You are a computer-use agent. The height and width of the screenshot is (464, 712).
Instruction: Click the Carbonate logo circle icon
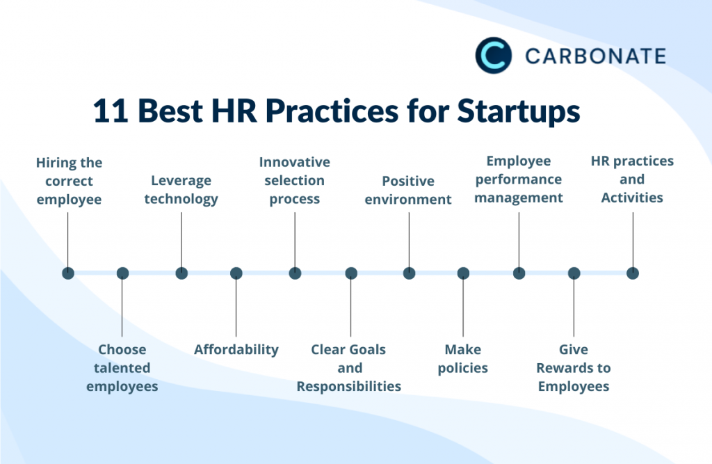click(493, 56)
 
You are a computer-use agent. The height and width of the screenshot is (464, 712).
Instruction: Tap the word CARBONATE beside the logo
click(595, 56)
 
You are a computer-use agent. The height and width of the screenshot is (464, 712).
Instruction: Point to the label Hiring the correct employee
click(69, 181)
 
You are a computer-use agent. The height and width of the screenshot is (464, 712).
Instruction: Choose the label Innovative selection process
click(295, 180)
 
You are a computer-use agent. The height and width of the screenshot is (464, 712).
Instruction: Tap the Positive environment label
click(408, 190)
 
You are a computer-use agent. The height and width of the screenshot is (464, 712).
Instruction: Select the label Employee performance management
click(519, 179)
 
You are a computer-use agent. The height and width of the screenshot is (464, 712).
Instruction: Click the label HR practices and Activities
click(632, 179)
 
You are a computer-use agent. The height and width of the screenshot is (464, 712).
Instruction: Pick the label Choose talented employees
click(122, 367)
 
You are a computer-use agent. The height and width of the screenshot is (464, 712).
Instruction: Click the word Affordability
click(236, 349)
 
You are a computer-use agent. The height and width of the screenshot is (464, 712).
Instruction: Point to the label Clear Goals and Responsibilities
click(349, 367)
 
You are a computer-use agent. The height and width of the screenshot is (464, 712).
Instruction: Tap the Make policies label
click(463, 358)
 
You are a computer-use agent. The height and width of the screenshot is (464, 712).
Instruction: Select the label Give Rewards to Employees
click(574, 367)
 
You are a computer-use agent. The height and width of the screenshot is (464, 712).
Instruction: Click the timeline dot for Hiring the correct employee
click(68, 273)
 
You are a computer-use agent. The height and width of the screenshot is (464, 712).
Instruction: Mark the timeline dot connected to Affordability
click(236, 273)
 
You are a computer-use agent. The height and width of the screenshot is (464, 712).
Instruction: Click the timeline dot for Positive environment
click(409, 273)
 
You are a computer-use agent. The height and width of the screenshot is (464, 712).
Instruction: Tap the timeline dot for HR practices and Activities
click(633, 273)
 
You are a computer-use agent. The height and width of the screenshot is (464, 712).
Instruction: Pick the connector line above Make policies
click(463, 306)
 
